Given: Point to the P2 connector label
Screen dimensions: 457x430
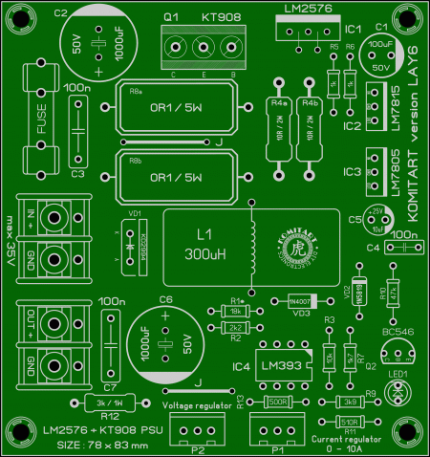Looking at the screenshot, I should (x=198, y=447).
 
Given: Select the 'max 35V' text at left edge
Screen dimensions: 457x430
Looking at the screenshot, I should (x=11, y=249).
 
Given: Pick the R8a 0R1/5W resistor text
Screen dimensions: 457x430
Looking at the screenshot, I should (x=178, y=108).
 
